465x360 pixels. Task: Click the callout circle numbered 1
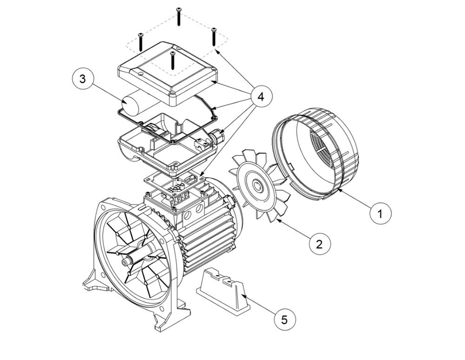coord(381,213)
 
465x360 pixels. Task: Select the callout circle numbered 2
coord(319,244)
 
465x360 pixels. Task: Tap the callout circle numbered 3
coord(83,79)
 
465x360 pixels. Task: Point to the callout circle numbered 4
coord(260,97)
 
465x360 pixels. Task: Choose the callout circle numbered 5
coord(285,320)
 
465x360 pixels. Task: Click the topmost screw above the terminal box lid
coord(178,17)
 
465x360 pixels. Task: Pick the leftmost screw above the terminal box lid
coord(139,41)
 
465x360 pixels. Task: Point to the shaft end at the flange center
coord(125,262)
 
